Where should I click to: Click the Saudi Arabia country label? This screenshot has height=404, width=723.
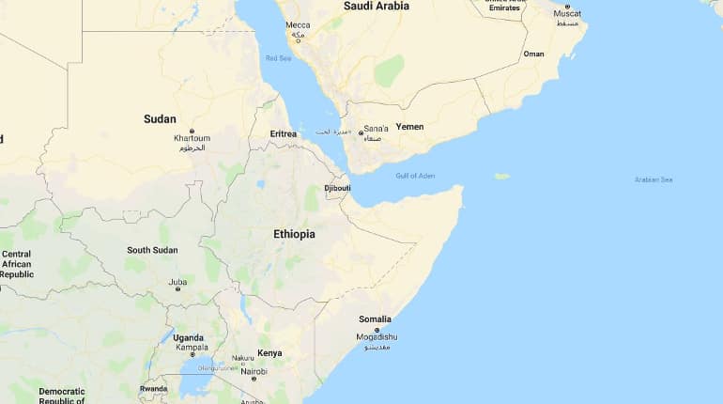pos(376,6)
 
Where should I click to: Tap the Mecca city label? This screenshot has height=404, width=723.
pos(298,25)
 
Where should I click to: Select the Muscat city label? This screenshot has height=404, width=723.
pos(567,14)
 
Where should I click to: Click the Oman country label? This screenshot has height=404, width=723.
pos(533,54)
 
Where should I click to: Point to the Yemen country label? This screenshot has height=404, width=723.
pos(409,126)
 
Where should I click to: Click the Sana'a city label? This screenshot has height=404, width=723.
pos(376,128)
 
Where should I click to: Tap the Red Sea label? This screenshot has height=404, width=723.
pos(278,58)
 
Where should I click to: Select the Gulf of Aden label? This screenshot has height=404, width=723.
pos(415,176)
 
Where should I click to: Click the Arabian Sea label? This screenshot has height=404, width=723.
pos(654,179)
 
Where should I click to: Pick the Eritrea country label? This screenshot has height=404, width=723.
pos(283,133)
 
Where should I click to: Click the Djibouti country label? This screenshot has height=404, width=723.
pos(337,188)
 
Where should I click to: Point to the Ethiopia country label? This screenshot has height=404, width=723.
pos(294,233)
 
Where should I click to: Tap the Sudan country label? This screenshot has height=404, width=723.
pos(160,118)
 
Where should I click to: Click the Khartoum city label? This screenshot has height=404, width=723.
pos(192,138)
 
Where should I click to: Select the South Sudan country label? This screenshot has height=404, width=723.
pos(152,250)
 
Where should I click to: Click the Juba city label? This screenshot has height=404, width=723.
pos(177,282)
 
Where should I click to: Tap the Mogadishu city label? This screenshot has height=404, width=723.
pos(377,336)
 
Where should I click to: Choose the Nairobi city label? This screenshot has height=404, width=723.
pos(254,371)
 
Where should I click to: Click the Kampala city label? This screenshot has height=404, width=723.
pos(192,348)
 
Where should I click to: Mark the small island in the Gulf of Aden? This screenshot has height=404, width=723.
pos(501,176)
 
